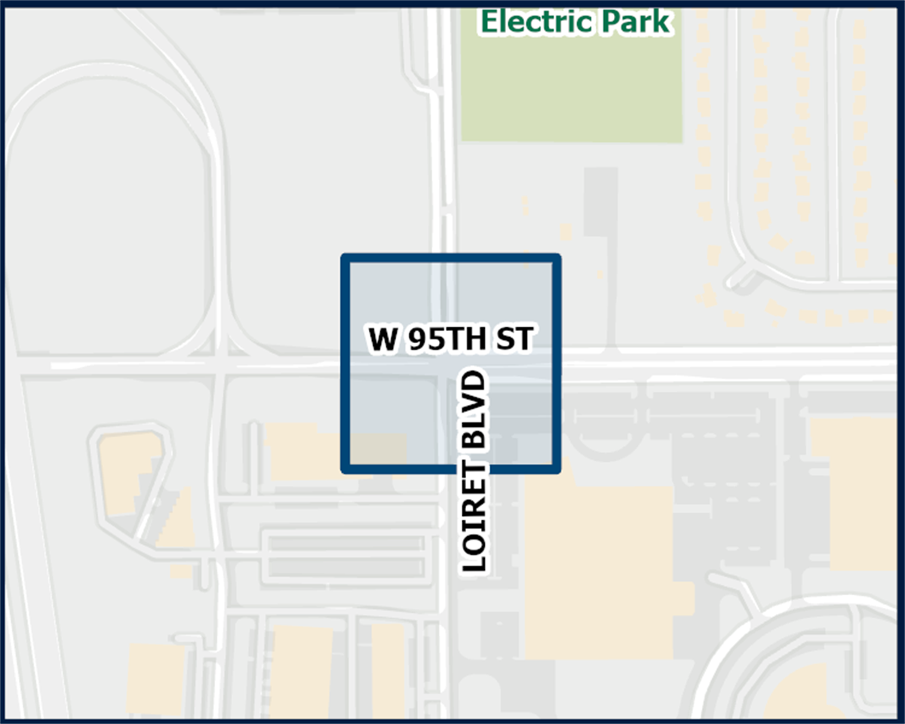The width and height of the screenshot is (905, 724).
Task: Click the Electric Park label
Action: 575,21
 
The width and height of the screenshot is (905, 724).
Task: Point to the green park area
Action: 572,90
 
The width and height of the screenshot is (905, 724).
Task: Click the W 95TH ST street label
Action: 450,340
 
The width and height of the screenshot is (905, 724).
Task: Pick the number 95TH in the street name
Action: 448,340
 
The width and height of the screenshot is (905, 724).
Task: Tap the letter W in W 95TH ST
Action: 382,340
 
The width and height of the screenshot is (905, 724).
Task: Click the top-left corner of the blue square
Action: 346,259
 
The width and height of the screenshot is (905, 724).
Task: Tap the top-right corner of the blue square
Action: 557,259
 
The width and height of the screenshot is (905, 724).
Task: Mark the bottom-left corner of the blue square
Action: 346,469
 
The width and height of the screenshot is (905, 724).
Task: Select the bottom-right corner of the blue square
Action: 557,469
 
